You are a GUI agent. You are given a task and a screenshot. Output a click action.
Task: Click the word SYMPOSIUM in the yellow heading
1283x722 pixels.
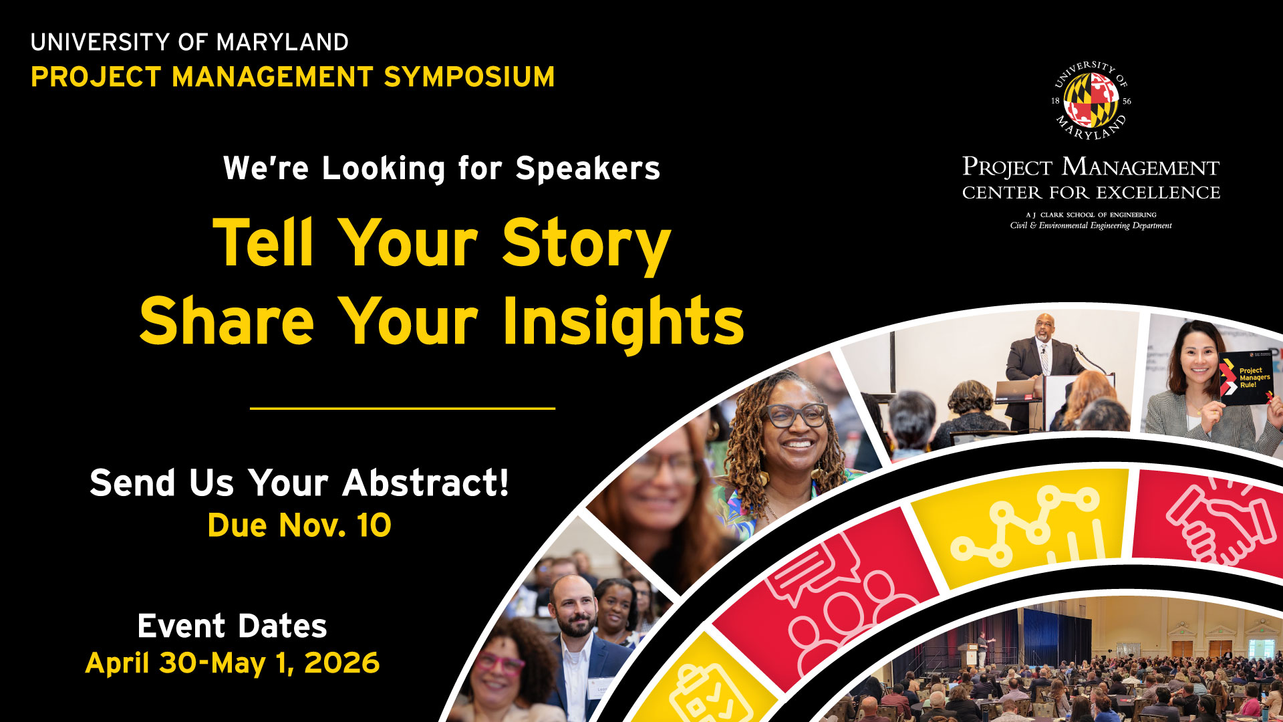[469, 77]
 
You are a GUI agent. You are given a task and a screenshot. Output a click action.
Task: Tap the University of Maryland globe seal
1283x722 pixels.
[1091, 100]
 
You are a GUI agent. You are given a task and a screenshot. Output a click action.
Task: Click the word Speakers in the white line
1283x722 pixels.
[588, 168]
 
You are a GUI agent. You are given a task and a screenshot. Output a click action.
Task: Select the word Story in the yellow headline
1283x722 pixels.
[586, 245]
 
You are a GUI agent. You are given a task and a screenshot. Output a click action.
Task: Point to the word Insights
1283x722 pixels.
[623, 323]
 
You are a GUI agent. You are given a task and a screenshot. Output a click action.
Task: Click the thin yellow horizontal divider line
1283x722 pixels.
[402, 408]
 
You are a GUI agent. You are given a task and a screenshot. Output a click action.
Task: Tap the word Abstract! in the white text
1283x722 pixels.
[426, 483]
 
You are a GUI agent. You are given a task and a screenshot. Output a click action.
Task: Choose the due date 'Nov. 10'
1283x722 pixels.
[335, 525]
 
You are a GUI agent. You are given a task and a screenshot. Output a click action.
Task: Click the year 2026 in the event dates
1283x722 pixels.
[341, 663]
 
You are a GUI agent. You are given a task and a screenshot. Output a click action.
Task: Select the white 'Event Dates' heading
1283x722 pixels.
[232, 626]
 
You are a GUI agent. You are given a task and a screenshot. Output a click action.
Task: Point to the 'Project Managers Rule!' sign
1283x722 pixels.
[1246, 378]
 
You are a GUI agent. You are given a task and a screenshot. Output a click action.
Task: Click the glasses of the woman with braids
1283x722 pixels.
[796, 415]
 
